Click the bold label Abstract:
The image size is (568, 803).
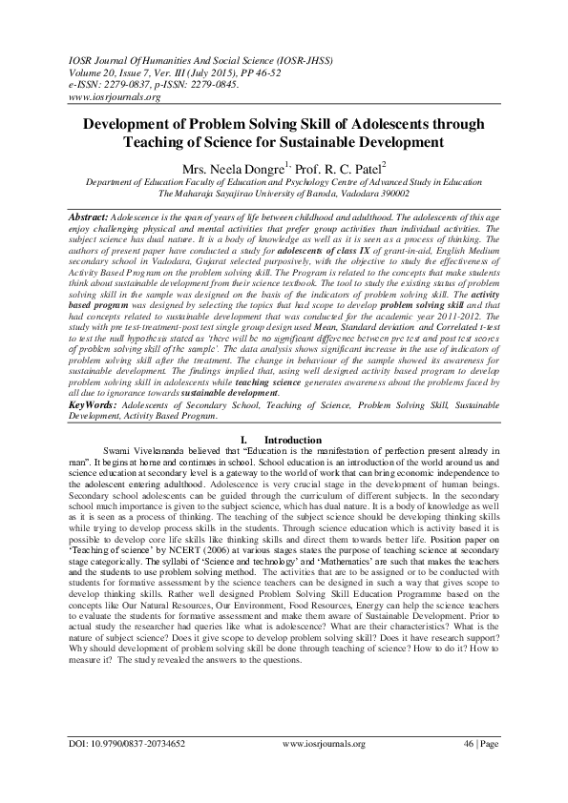pos(90,218)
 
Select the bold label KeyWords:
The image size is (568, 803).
pos(92,431)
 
